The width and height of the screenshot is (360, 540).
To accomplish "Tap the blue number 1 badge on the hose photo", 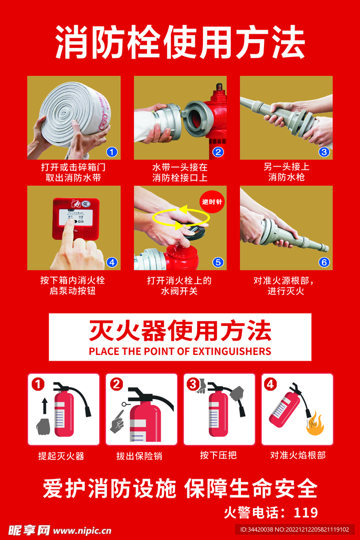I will [x=111, y=152].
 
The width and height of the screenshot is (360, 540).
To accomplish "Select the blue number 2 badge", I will [x=218, y=152].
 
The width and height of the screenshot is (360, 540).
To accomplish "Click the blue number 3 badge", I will [x=324, y=152].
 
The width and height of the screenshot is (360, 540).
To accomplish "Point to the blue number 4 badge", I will [x=111, y=262].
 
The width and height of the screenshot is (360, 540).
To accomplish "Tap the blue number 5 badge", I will [x=218, y=262].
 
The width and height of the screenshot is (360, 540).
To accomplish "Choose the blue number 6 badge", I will [x=324, y=262].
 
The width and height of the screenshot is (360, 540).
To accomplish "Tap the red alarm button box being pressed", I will [x=75, y=217].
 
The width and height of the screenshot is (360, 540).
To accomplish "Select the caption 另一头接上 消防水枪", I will [x=286, y=172].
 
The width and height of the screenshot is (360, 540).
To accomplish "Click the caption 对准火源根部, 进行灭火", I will [x=286, y=286].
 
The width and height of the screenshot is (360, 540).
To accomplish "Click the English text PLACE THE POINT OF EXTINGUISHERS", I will [x=180, y=351].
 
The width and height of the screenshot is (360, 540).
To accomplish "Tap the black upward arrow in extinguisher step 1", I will [x=44, y=406].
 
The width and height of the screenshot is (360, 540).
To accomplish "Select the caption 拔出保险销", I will [x=139, y=456].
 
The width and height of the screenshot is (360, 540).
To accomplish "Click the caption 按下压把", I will [x=218, y=455].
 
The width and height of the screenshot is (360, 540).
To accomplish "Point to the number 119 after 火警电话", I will [x=306, y=512].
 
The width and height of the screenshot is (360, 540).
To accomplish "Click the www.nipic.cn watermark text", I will [x=82, y=530].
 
